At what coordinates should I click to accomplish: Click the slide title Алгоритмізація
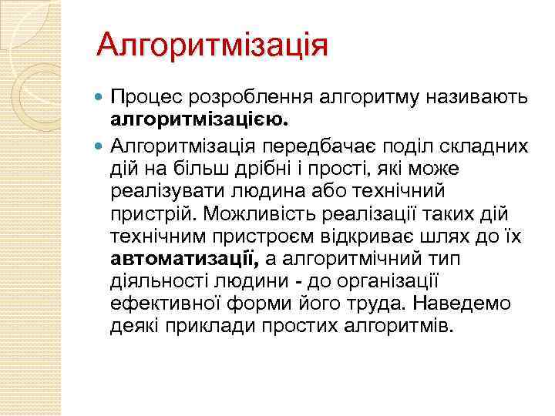[212, 44]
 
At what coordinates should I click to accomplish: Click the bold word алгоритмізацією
[200, 120]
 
